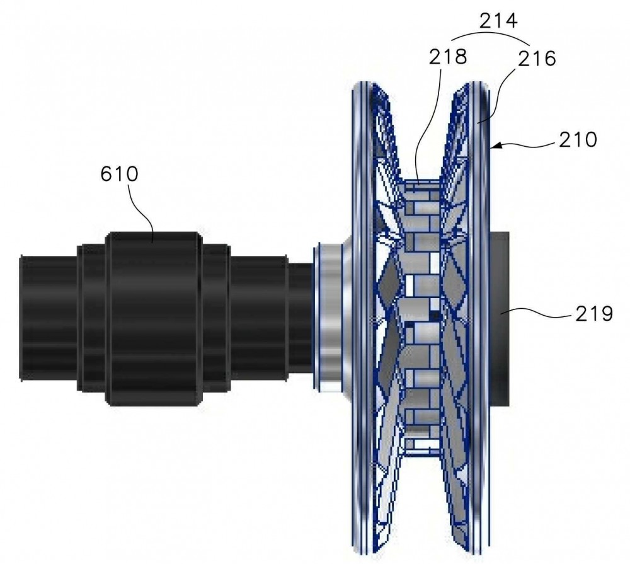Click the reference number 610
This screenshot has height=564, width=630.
(x=119, y=174)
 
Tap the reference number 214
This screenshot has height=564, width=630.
(x=498, y=20)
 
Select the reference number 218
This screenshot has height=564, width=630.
(x=447, y=57)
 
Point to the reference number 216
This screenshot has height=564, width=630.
(x=537, y=59)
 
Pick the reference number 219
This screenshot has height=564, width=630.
(x=594, y=313)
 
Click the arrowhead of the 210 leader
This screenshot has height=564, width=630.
(x=495, y=145)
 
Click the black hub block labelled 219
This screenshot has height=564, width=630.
(x=500, y=318)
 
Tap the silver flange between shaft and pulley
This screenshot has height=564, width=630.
(x=331, y=318)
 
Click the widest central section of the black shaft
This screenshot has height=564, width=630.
(x=154, y=318)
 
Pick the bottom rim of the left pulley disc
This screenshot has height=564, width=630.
(x=370, y=549)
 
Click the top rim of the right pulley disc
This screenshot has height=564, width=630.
(x=476, y=86)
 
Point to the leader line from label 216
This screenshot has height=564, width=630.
(x=498, y=96)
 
